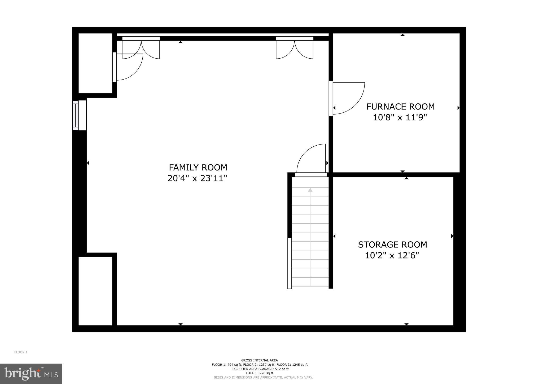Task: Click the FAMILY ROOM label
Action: point(198,167)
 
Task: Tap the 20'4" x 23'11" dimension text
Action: point(197,178)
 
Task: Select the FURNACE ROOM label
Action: point(400,107)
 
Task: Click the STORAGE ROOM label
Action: point(392,245)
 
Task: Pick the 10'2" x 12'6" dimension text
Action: point(392,256)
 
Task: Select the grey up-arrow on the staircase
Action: point(310,190)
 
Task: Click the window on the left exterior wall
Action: point(76,115)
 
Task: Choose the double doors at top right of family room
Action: point(295,49)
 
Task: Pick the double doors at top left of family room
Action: point(141,49)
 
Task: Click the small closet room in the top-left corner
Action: point(95,63)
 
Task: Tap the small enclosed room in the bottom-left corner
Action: point(95,291)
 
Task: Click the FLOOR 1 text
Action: point(21,352)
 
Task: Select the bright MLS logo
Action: point(31,374)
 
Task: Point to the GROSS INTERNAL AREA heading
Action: point(259,360)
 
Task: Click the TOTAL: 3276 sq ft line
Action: point(259,373)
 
